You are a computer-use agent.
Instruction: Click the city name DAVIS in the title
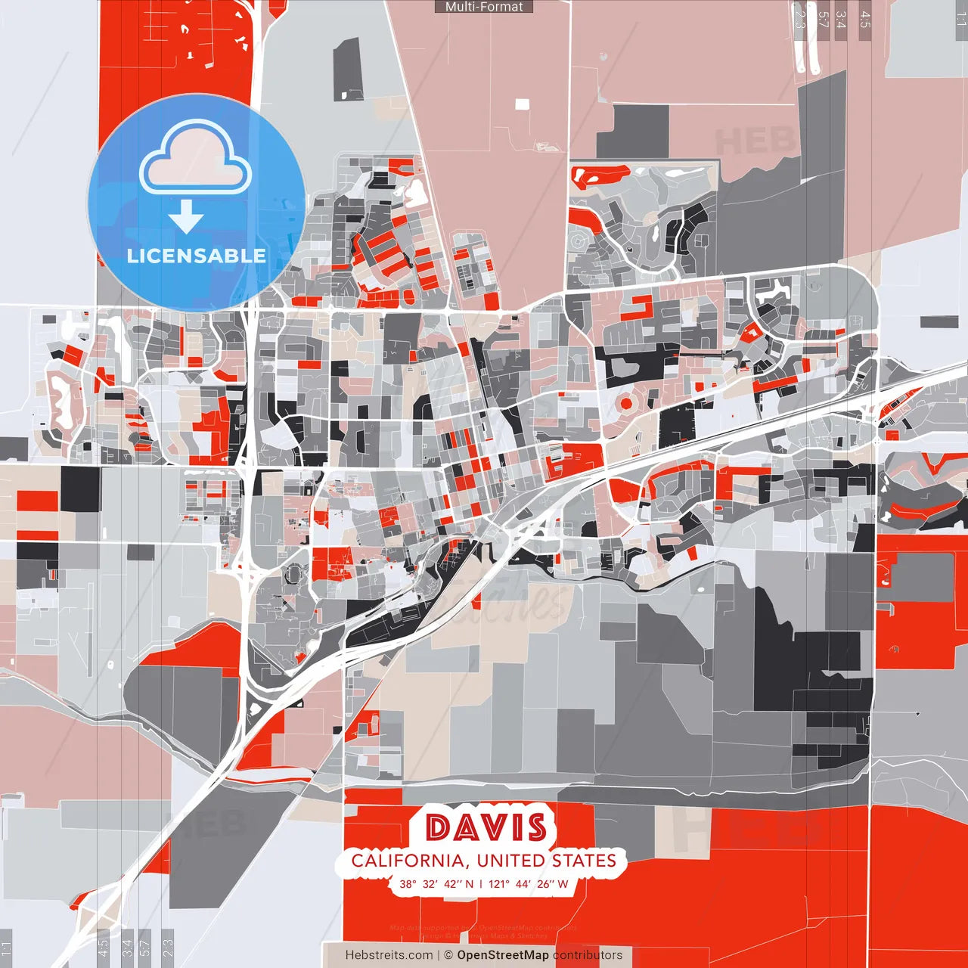(x=486, y=828)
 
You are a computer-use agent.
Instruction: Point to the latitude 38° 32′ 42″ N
(x=436, y=883)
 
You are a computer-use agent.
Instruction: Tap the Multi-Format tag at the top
(x=484, y=7)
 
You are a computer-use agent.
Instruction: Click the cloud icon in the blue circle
(x=196, y=160)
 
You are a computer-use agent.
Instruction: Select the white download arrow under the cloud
(x=186, y=216)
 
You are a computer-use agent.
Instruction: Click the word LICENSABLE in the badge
(x=197, y=256)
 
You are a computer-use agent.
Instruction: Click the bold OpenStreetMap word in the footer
(x=503, y=955)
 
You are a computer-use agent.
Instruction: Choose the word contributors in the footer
(x=588, y=955)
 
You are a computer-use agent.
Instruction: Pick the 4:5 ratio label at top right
(x=865, y=20)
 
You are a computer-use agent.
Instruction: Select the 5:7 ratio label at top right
(x=823, y=20)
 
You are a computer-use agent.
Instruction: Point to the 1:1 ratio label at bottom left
(x=7, y=948)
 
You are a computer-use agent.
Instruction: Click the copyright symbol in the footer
(x=448, y=955)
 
